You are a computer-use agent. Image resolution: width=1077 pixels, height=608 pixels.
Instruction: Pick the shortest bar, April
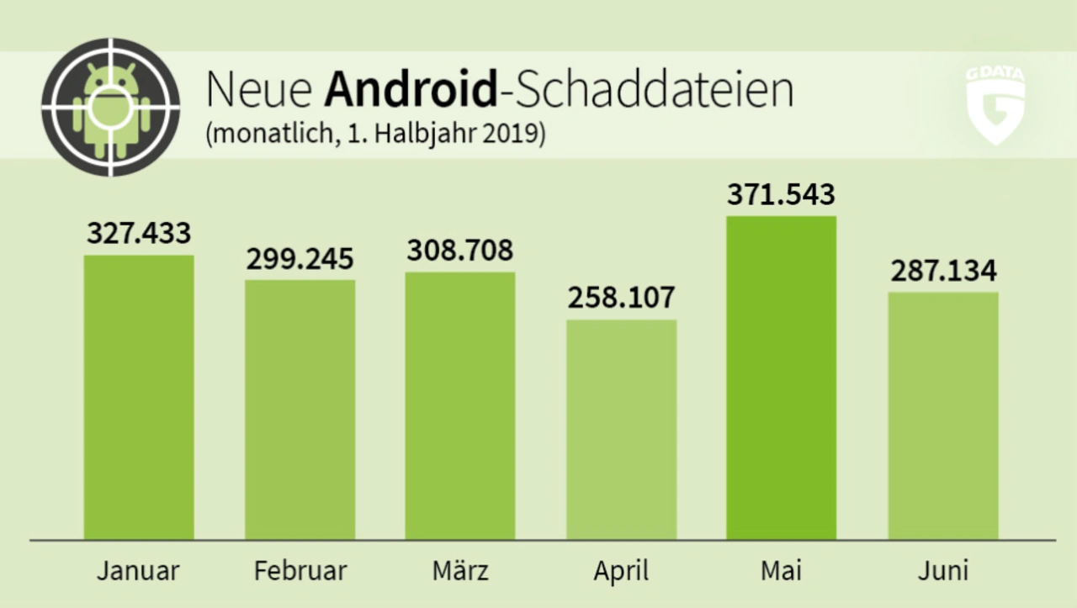(621, 429)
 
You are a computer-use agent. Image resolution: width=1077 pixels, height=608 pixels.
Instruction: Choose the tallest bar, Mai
(782, 378)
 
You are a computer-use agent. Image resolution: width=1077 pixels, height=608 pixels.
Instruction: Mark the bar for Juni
(943, 415)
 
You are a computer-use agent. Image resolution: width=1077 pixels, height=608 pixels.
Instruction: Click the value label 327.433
(139, 233)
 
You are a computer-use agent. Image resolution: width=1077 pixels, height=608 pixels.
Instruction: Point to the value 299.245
(300, 258)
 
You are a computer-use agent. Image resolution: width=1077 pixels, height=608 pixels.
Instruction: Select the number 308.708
(460, 251)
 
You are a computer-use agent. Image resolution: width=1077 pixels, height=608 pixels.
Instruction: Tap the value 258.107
(621, 298)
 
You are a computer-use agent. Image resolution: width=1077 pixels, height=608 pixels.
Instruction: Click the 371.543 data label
(782, 194)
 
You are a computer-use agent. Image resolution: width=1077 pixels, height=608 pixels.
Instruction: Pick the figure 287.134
(943, 271)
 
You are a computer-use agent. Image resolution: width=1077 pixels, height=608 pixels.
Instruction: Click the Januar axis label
(138, 572)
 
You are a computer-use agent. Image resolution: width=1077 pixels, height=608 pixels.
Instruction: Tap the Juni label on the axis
(942, 572)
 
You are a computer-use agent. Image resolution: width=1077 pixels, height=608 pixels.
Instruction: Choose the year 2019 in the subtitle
(514, 135)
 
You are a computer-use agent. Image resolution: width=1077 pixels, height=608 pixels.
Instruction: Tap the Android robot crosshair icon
(110, 107)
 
